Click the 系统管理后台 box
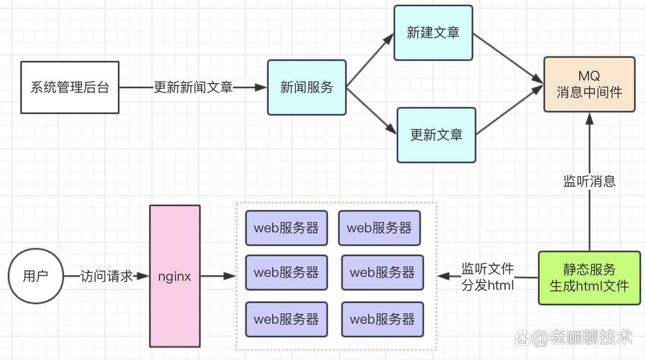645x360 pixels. click(x=70, y=87)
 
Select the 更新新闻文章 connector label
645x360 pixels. click(x=193, y=87)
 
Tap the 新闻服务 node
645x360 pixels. click(x=307, y=87)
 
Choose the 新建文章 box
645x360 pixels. click(x=433, y=33)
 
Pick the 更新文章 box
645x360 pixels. click(x=436, y=135)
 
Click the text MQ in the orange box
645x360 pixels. click(x=589, y=76)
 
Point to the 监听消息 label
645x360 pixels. click(x=589, y=181)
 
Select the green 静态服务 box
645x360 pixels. click(x=589, y=278)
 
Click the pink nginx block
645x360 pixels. click(x=175, y=276)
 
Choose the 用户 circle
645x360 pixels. click(x=36, y=276)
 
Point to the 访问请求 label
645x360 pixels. click(x=107, y=276)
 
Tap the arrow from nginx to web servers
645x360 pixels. click(x=218, y=276)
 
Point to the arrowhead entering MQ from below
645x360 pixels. click(x=589, y=118)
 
